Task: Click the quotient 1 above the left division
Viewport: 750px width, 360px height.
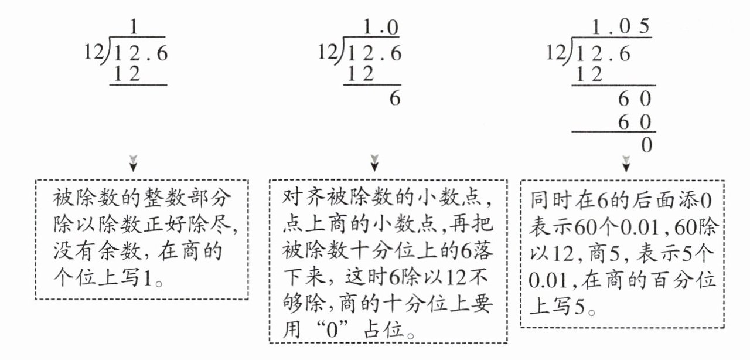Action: (x=134, y=26)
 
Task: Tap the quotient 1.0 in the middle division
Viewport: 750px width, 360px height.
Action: (x=381, y=27)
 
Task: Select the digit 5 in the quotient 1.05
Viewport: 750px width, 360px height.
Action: (x=644, y=26)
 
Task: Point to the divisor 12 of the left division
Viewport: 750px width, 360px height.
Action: (x=94, y=52)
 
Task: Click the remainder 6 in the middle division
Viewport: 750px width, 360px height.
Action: (x=395, y=99)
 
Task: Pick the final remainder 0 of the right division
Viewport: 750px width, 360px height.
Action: (x=646, y=145)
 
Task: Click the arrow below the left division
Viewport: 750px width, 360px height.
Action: (x=133, y=163)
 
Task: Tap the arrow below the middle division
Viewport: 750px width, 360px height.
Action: (x=374, y=163)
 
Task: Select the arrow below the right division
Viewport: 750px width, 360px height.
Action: (x=626, y=164)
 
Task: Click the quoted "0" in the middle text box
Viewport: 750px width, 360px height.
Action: (x=332, y=330)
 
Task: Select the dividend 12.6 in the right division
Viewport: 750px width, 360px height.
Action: (x=604, y=54)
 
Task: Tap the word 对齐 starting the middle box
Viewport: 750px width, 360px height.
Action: (x=304, y=197)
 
